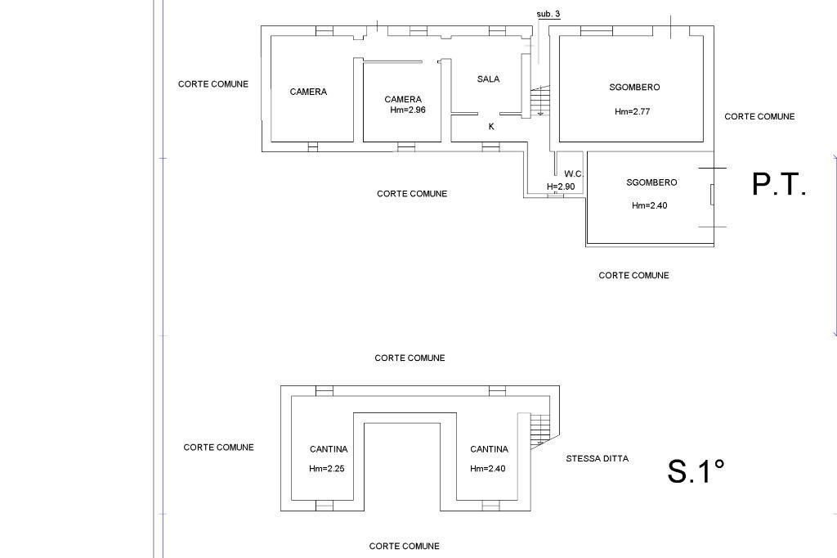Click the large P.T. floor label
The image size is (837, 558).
pyautogui.click(x=779, y=185)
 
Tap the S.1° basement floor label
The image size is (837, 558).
pyautogui.click(x=696, y=471)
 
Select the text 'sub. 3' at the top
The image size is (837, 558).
pyautogui.click(x=548, y=15)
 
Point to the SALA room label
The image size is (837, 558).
pyautogui.click(x=488, y=79)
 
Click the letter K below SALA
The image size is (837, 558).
pyautogui.click(x=491, y=127)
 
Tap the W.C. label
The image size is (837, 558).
pyautogui.click(x=573, y=174)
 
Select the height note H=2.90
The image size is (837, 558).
pyautogui.click(x=561, y=187)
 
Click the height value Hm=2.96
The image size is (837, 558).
pyautogui.click(x=408, y=110)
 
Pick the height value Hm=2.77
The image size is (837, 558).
pyautogui.click(x=632, y=111)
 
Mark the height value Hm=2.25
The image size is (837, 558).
pyautogui.click(x=327, y=469)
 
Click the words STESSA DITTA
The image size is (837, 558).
pyautogui.click(x=597, y=459)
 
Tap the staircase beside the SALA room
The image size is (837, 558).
pyautogui.click(x=539, y=101)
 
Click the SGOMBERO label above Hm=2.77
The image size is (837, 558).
pyautogui.click(x=634, y=88)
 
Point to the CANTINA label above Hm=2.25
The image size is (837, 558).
pyautogui.click(x=329, y=449)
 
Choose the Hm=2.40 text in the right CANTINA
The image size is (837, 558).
pyautogui.click(x=488, y=469)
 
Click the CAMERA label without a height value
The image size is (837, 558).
pyautogui.click(x=308, y=92)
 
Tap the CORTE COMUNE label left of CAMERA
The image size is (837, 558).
pyautogui.click(x=213, y=84)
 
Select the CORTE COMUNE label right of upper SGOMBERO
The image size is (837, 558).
pyautogui.click(x=759, y=117)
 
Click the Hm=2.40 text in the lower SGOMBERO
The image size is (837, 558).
pyautogui.click(x=649, y=205)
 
